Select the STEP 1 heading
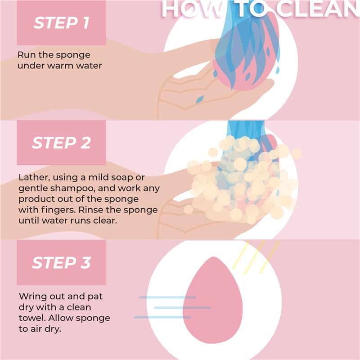tap(61, 23)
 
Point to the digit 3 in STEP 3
tap(85, 262)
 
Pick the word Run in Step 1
tap(26, 54)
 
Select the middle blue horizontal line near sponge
tap(182, 308)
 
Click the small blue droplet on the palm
tap(199, 97)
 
